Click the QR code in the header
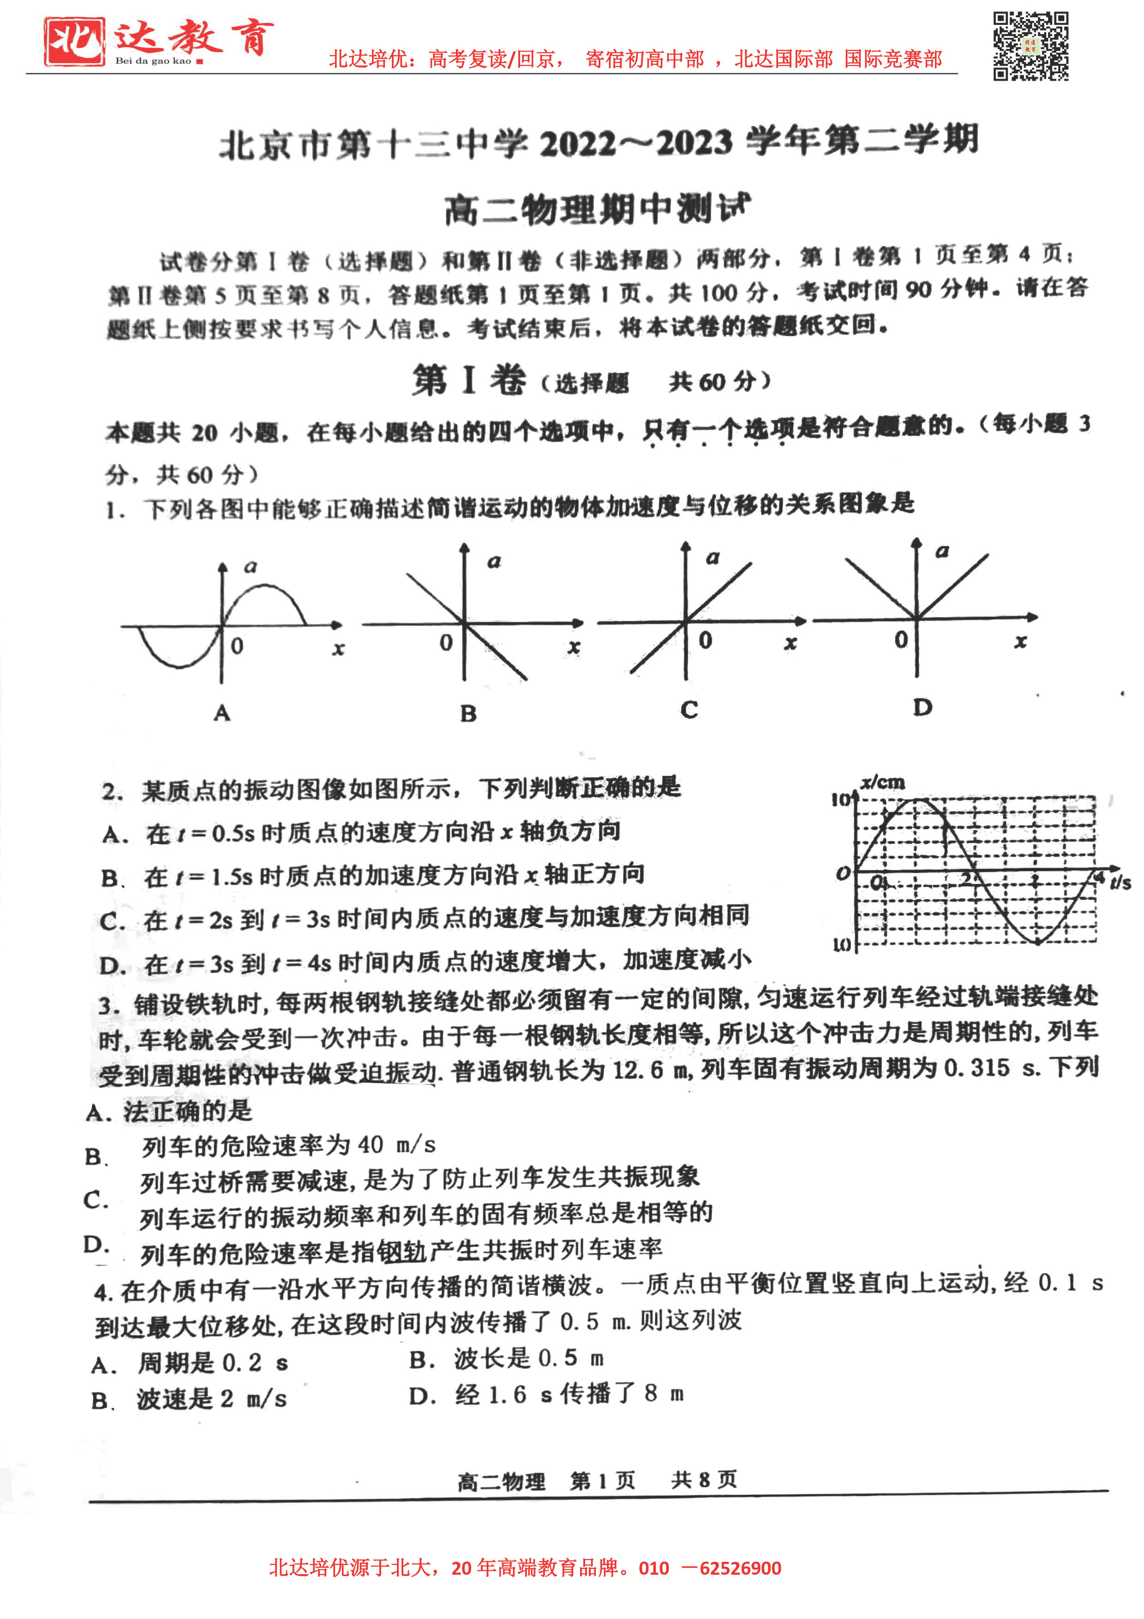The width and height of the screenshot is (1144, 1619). [x=1030, y=46]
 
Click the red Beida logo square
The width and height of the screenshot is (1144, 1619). [x=74, y=42]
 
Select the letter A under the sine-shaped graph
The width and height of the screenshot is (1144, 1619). [x=222, y=713]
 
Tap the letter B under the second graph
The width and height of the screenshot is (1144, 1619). [x=468, y=714]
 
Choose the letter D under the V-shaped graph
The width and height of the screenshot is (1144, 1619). [x=922, y=707]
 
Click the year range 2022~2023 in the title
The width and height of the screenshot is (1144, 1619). [x=636, y=143]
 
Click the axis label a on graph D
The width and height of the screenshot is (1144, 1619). [x=942, y=552]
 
